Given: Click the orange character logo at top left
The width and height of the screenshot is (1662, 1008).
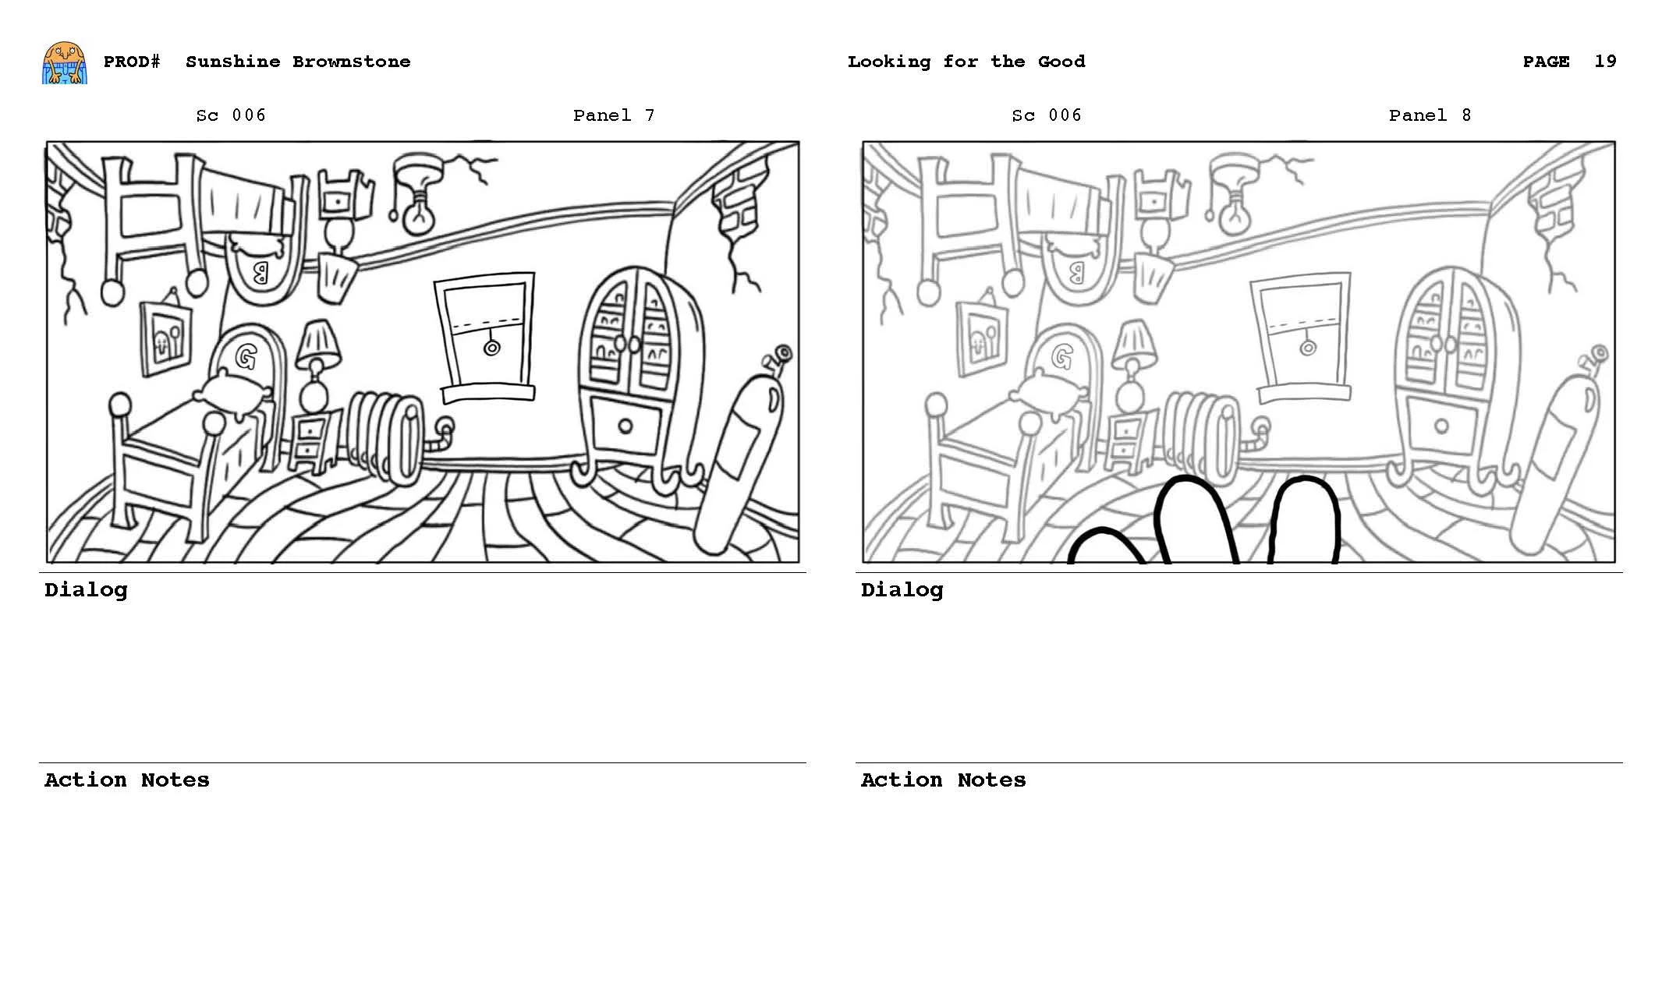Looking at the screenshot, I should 64,62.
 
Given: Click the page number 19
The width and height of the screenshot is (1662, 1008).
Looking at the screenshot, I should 1604,62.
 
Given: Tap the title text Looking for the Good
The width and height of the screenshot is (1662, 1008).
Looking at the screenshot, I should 966,62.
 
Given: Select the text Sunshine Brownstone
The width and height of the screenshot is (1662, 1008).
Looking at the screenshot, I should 297,62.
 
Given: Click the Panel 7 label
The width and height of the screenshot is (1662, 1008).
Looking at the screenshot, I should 613,115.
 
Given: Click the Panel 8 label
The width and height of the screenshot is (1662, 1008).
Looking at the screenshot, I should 1429,115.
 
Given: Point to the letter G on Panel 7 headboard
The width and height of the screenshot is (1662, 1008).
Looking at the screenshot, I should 246,357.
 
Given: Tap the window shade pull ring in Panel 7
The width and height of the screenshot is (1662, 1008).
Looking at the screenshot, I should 491,348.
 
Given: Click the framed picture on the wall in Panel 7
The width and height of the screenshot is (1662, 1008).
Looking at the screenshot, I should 166,338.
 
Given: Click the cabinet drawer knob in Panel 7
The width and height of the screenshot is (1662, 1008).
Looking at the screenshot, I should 625,426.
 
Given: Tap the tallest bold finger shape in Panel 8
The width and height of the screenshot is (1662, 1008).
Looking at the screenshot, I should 1194,518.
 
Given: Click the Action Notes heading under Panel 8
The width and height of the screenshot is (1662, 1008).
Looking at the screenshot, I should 942,780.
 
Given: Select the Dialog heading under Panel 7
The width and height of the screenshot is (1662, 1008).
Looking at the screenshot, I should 86,590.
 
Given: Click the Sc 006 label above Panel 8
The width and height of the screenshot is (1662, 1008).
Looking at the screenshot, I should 1046,115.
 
